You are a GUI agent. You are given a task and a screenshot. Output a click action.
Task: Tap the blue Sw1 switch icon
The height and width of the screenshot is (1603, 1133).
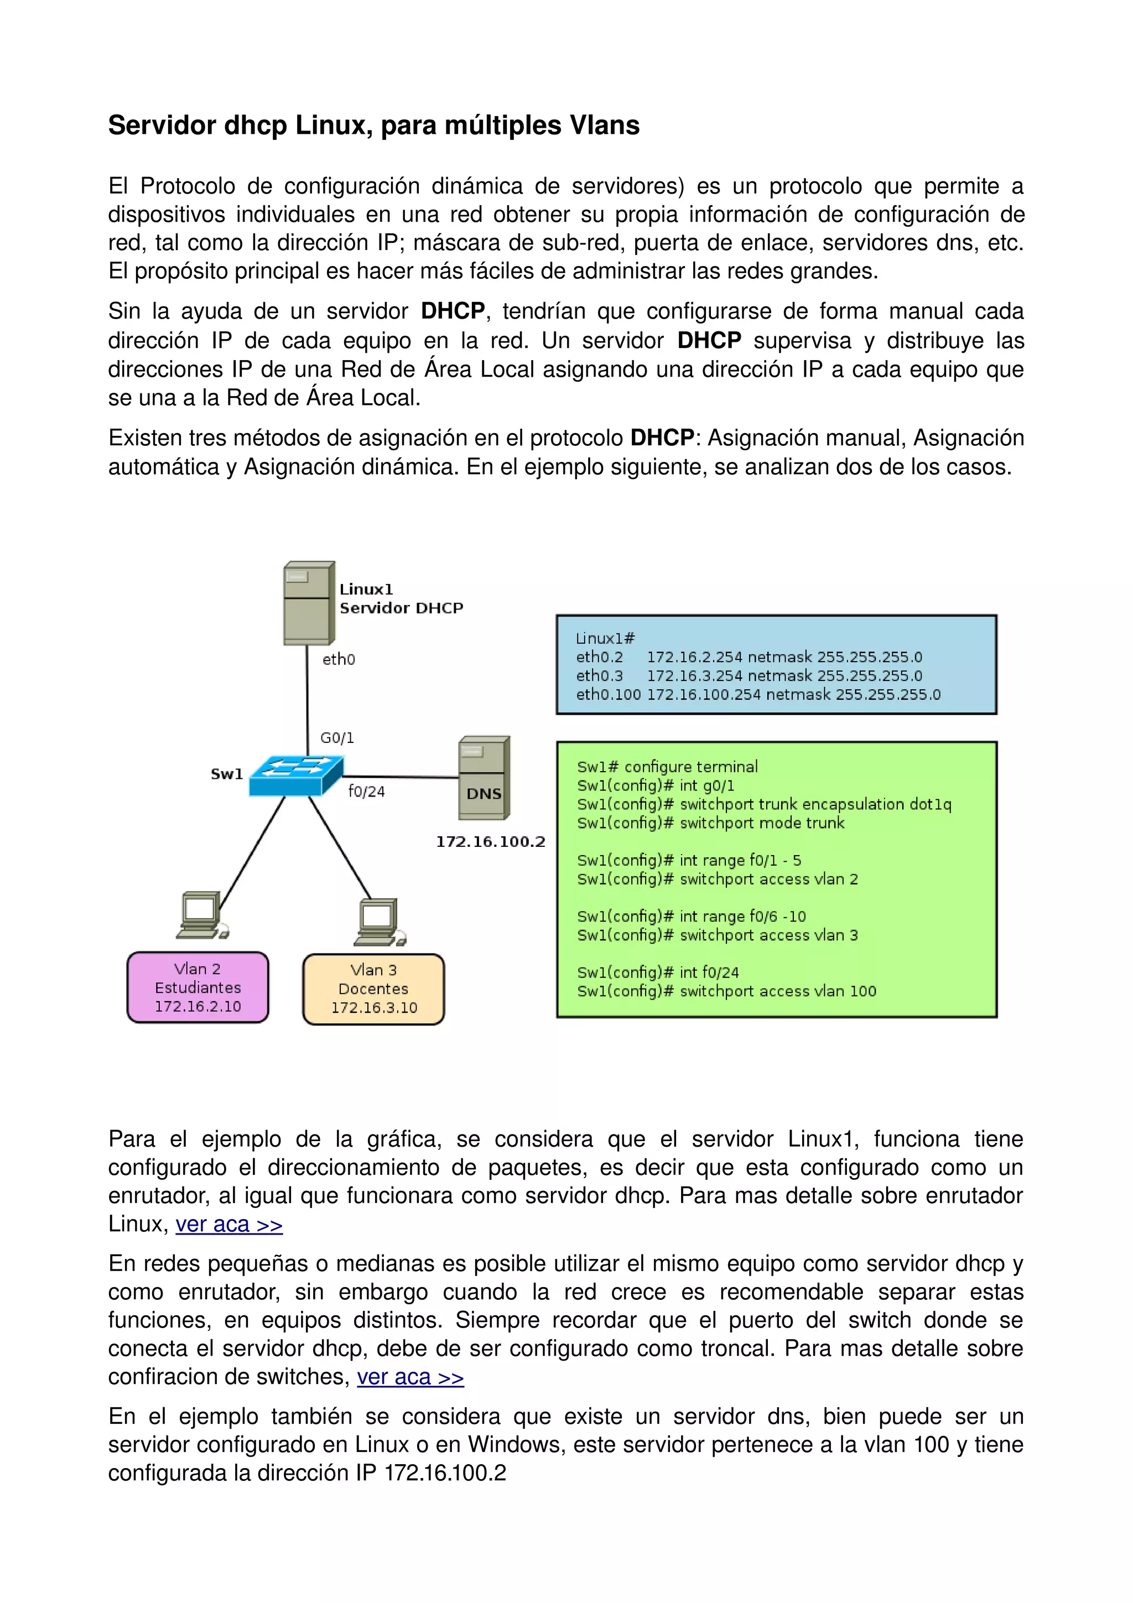pos(296,775)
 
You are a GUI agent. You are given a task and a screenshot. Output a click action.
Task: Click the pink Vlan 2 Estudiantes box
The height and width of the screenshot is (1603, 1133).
pos(198,987)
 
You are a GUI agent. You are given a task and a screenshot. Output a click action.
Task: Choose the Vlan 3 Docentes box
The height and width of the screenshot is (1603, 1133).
pos(373,988)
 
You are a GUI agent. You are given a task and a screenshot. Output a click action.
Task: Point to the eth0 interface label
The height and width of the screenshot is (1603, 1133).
pos(339,660)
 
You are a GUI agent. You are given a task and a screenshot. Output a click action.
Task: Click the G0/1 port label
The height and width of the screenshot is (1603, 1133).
pos(337,738)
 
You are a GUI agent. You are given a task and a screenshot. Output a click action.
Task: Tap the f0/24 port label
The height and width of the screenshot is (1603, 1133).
pos(366,792)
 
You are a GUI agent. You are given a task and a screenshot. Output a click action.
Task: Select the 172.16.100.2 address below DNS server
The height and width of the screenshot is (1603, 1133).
pos(490,842)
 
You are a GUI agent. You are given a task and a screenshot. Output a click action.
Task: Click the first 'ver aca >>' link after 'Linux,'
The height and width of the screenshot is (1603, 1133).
pos(229,1225)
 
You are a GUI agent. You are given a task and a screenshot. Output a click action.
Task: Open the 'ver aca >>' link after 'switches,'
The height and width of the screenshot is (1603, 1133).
pos(410,1377)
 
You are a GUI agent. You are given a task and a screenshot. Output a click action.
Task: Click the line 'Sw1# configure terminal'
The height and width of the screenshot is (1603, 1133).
pos(667,767)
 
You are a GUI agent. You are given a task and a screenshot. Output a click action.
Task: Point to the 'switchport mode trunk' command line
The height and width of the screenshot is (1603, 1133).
pos(711,823)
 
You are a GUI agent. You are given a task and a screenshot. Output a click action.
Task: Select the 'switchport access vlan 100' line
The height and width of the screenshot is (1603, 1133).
pos(726,991)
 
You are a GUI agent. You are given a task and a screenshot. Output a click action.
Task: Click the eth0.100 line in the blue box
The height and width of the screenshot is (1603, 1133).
pos(758,695)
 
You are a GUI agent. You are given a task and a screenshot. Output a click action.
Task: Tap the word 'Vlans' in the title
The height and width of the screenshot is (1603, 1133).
pos(605,126)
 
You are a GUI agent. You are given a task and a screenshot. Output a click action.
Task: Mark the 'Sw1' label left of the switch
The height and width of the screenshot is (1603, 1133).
pos(227,774)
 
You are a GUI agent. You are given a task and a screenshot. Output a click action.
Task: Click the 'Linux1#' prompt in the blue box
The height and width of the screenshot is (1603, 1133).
pos(605,638)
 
